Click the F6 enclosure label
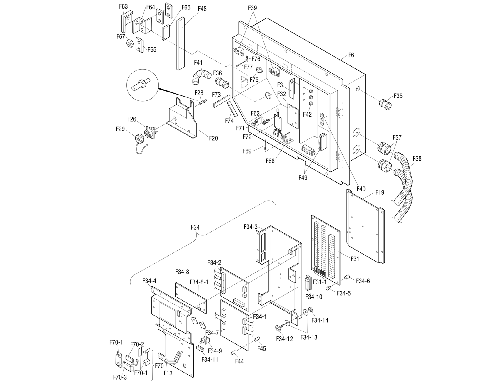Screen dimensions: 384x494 click(x=351, y=55)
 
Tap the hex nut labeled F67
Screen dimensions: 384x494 click(x=129, y=43)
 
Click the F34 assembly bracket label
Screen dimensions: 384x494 click(x=195, y=227)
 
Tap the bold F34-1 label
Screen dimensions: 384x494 click(x=260, y=317)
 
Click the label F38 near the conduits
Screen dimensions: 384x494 click(x=417, y=159)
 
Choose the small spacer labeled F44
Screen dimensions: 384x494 click(x=234, y=352)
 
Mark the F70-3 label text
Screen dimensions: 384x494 click(x=120, y=377)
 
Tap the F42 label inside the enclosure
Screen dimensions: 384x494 click(x=307, y=114)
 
